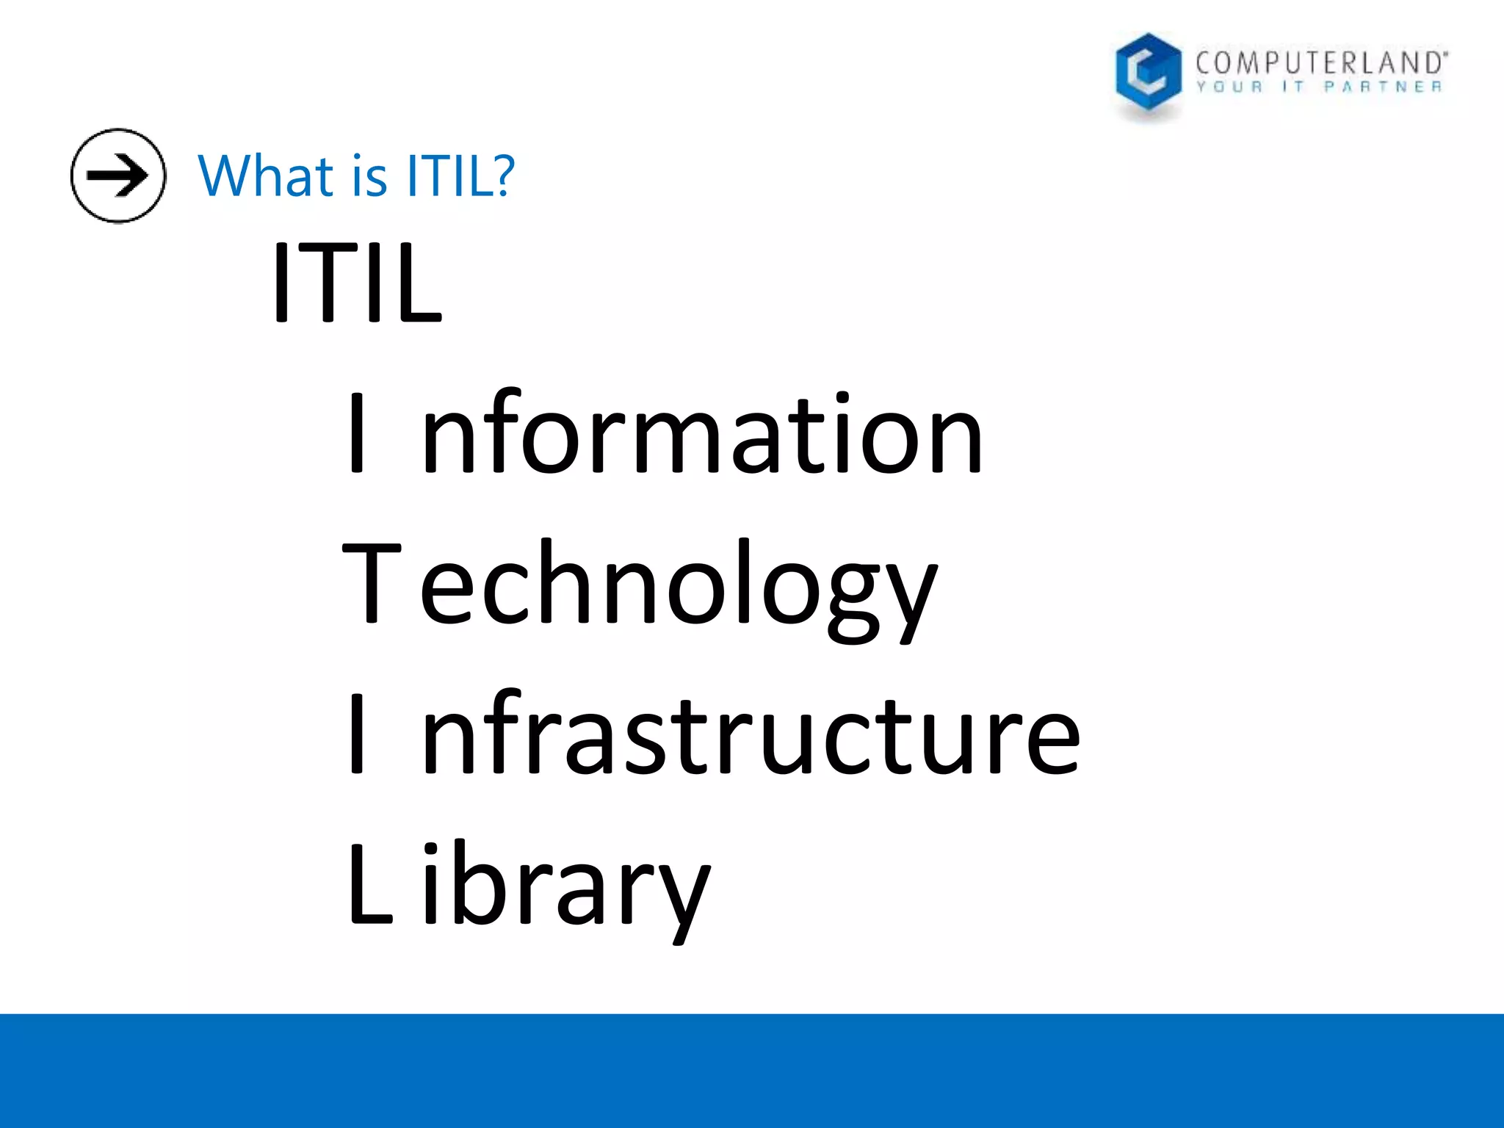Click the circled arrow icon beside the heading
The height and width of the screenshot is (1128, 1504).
click(118, 176)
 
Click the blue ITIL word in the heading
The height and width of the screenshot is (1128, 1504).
click(449, 177)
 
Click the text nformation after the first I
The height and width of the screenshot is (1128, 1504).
click(702, 433)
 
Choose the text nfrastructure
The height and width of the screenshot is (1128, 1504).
click(751, 734)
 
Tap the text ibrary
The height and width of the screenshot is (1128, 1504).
click(565, 889)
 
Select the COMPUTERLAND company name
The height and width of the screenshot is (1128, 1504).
click(1320, 63)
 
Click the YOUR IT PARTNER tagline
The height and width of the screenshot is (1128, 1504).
click(1319, 87)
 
